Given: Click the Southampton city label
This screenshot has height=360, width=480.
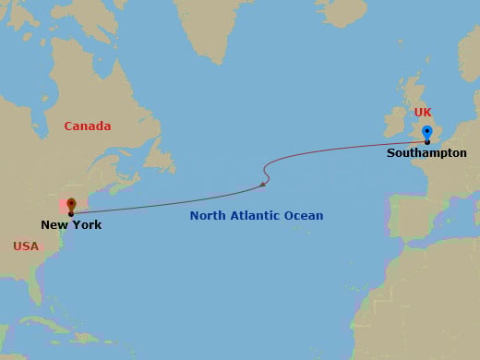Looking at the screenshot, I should pos(427,153).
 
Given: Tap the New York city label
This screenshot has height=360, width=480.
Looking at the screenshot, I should pos(71,224).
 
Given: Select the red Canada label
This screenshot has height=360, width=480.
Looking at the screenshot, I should pos(88,126).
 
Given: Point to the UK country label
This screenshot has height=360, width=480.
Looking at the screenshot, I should pos(423,113).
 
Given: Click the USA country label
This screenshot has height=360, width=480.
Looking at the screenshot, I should pos(27,246).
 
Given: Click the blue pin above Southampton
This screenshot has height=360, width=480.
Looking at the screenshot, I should pos(426,132).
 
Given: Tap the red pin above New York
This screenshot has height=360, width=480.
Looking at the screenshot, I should pos(71,204).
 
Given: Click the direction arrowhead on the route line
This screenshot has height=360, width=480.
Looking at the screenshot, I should pos(263,185).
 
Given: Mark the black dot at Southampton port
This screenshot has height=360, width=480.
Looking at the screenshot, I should pos(426,142).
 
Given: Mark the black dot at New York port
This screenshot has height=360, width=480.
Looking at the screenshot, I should pos(71,214).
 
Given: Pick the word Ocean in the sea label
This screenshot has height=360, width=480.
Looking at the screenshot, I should pos(304,216).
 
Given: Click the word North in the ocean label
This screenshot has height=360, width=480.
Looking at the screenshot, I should pos(209,216).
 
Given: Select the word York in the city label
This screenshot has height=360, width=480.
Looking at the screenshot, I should pos(87,224).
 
